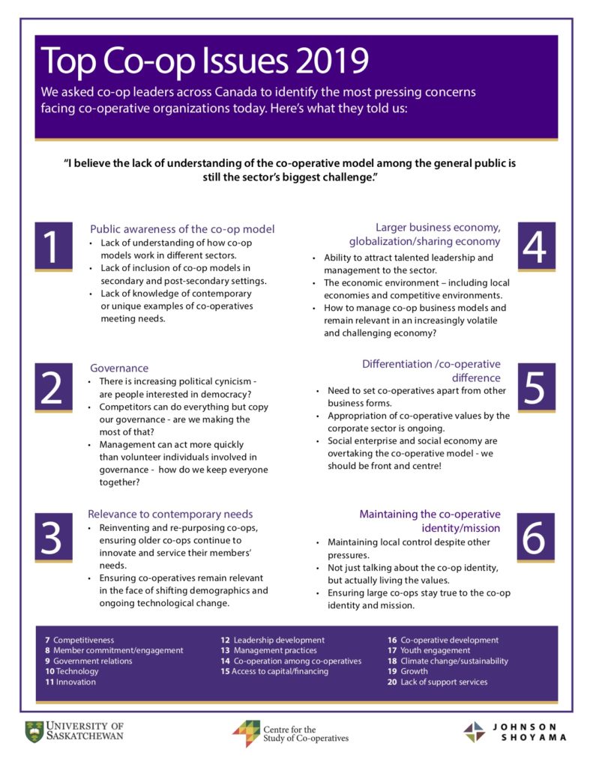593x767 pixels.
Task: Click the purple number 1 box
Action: tap(52, 246)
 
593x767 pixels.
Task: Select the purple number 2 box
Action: tap(52, 387)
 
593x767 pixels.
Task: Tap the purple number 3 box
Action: tap(52, 537)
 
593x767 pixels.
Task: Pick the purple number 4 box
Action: tap(535, 246)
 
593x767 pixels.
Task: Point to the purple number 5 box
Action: tap(535, 387)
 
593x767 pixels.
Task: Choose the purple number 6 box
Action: tap(535, 537)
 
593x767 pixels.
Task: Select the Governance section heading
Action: tap(119, 368)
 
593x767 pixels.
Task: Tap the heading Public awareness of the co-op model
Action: tap(182, 229)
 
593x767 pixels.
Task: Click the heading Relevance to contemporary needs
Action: tap(170, 514)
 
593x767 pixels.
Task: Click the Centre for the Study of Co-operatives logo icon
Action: tap(245, 733)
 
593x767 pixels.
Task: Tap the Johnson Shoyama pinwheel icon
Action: tap(474, 732)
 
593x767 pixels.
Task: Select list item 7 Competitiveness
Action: tap(79, 640)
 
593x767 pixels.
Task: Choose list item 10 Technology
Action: tap(72, 672)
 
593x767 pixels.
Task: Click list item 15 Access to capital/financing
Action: tap(274, 672)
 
